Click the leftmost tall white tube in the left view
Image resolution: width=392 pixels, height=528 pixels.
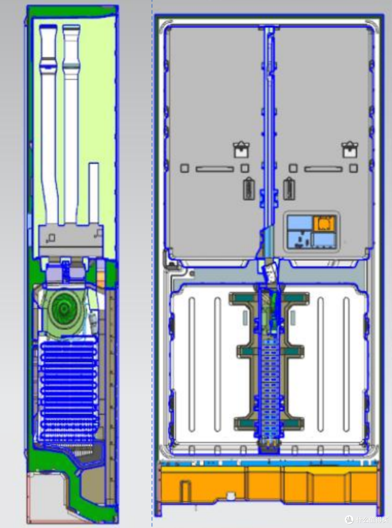[x=48, y=124]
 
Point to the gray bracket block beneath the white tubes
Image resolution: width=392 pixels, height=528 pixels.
[x=71, y=241]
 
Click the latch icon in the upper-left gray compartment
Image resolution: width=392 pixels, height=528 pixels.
[x=241, y=150]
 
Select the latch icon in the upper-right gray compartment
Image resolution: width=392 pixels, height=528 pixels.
[x=350, y=150]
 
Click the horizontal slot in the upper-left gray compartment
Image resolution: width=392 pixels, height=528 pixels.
[x=215, y=169]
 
